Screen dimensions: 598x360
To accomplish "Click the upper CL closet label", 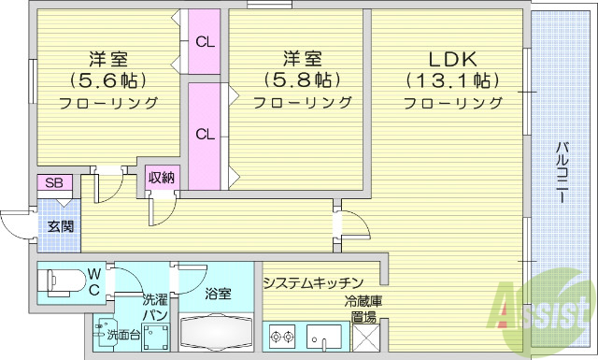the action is (x=205, y=41).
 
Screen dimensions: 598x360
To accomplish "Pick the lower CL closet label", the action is (x=205, y=133).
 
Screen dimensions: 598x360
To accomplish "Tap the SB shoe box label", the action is (x=53, y=182).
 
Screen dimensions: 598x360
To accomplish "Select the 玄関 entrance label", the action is (x=62, y=226).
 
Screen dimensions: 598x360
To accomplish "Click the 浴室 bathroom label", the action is (x=218, y=293).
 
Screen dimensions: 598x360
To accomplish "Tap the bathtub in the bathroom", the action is (x=216, y=334).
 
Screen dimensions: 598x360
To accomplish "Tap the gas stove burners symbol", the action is (x=283, y=336).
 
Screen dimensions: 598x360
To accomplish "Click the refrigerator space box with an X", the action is (x=364, y=335).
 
